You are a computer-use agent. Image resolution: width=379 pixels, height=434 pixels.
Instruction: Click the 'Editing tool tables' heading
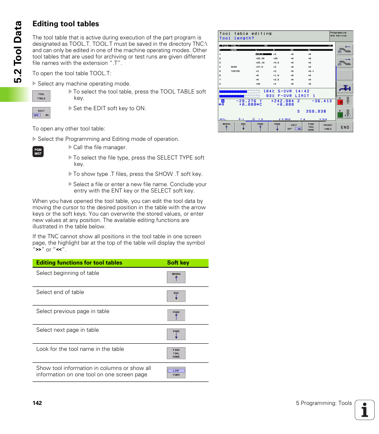point(66,24)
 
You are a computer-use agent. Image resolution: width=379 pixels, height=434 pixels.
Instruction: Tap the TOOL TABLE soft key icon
point(41,96)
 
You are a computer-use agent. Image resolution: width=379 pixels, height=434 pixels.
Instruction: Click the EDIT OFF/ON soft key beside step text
point(41,113)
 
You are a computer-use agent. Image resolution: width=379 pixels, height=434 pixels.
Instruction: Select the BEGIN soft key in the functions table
point(176,277)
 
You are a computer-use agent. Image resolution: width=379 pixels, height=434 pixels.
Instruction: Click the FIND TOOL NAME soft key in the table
point(176,353)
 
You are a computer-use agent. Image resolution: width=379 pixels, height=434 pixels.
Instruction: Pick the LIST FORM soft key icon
point(176,372)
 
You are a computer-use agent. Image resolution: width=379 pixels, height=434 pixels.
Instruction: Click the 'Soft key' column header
point(178,263)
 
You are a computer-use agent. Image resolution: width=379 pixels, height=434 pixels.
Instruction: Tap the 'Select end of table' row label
point(60,292)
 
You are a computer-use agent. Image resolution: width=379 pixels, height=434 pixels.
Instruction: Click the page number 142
point(37,403)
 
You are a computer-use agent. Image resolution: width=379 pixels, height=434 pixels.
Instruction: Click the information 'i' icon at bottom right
point(365,410)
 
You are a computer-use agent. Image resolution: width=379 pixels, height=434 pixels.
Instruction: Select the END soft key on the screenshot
point(344,127)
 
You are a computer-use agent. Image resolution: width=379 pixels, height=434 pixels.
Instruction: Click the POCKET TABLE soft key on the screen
point(328,127)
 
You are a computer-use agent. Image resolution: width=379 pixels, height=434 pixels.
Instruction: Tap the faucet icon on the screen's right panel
point(344,88)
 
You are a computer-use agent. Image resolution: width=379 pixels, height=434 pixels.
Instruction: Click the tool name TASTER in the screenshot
point(235,71)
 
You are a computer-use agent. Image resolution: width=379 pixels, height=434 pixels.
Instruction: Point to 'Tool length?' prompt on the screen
point(237,38)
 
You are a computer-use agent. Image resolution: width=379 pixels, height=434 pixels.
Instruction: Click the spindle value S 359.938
point(311,111)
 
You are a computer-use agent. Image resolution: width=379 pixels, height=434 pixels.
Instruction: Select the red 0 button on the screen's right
point(340,102)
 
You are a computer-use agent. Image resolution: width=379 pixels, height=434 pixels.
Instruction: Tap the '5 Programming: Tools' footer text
point(323,403)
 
